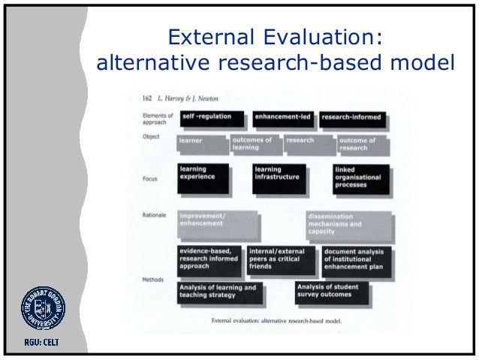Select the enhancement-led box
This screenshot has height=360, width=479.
pyautogui.click(x=282, y=118)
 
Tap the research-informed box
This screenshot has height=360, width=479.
pyautogui.click(x=351, y=118)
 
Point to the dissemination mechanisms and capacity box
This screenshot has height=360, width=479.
pyautogui.click(x=348, y=225)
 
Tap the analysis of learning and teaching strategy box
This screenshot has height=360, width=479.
pyautogui.click(x=220, y=292)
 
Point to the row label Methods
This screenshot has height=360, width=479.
pyautogui.click(x=153, y=279)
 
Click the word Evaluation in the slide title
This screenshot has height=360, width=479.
pyautogui.click(x=318, y=36)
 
